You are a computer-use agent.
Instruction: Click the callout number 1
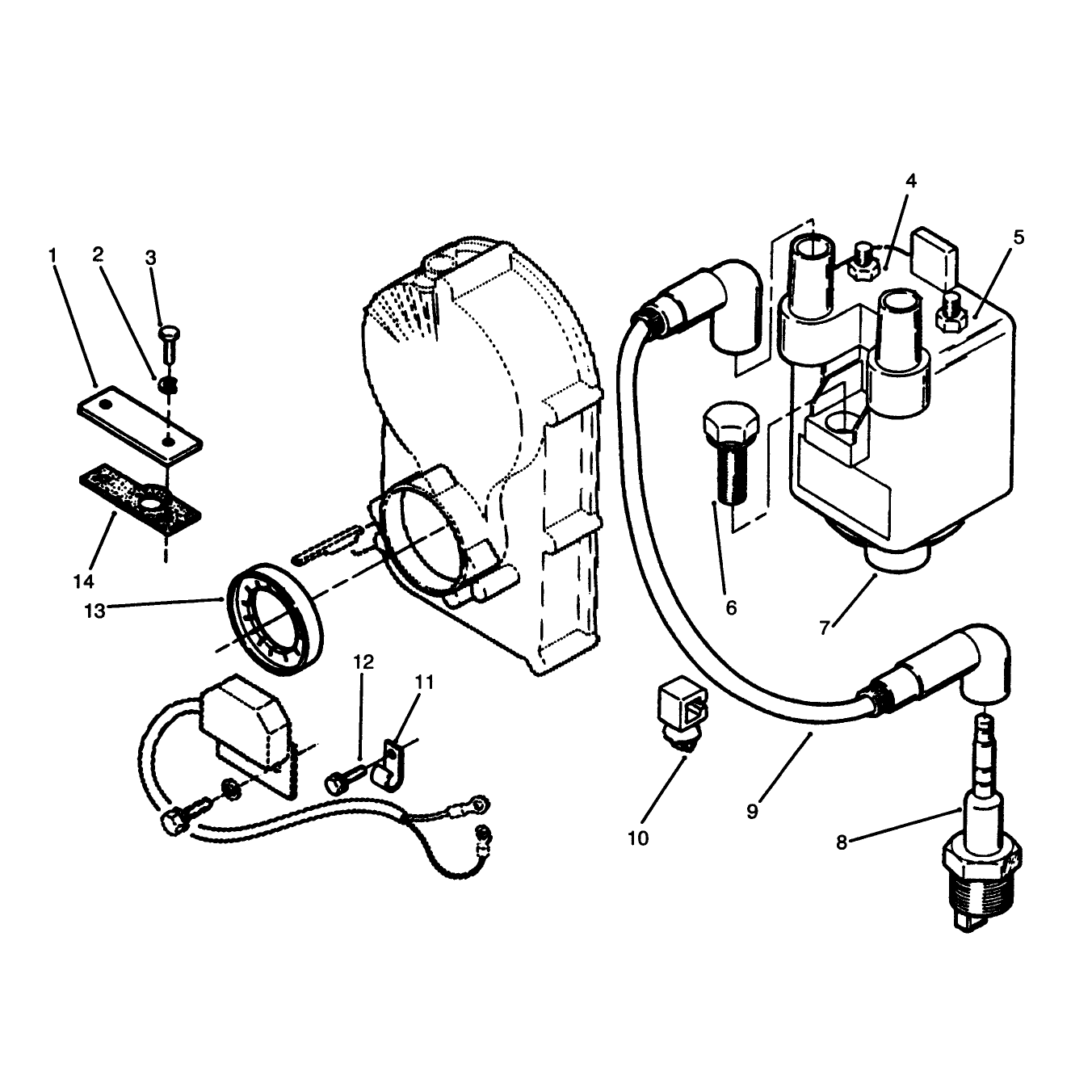[x=53, y=255]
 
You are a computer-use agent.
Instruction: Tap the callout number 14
[x=83, y=582]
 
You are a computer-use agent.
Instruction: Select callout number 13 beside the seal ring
[x=94, y=611]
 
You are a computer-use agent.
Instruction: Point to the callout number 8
[x=842, y=842]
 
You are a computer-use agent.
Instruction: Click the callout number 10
[x=638, y=838]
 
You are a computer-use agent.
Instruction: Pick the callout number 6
[x=731, y=608]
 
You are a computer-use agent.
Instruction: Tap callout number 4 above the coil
[x=910, y=181]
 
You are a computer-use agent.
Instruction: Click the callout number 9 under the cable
[x=751, y=812]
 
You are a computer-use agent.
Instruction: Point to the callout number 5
[x=1018, y=237]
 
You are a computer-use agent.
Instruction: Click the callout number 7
[x=825, y=628]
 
